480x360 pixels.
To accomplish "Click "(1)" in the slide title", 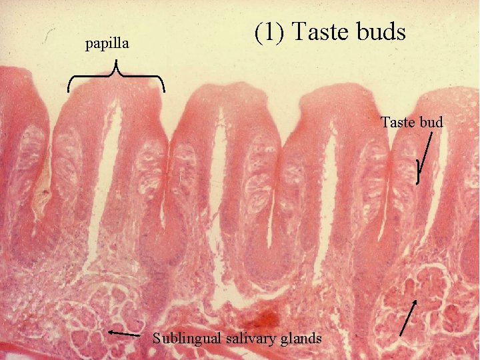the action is tap(269, 31).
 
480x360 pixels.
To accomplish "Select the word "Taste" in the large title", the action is tap(319, 31).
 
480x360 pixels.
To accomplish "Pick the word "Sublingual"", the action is tap(186, 338).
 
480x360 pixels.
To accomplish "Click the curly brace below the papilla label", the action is tap(117, 76).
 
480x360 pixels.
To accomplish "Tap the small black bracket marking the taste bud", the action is tap(417, 171).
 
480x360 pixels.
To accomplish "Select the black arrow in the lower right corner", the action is tap(409, 317).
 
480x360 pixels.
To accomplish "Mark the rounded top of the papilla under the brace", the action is tap(117, 93).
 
